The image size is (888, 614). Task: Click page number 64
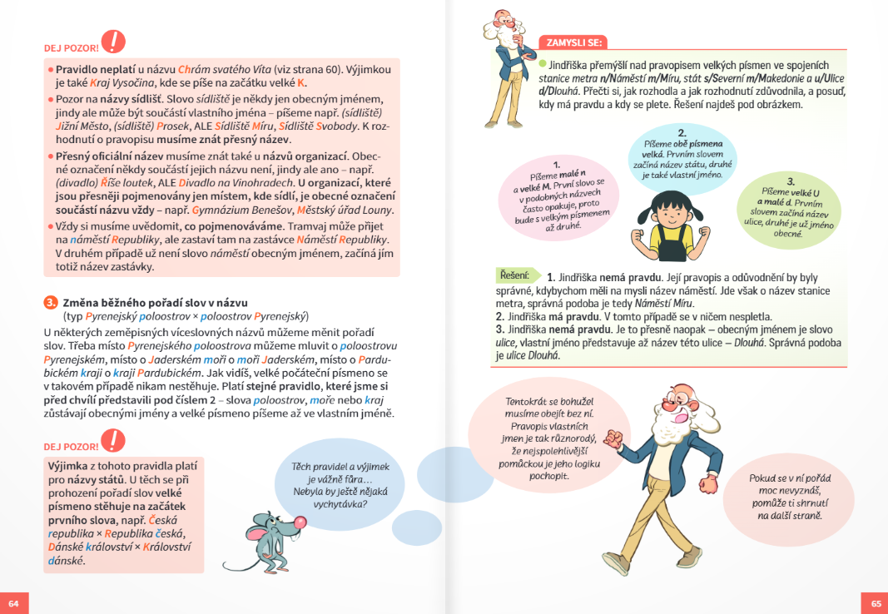click(x=13, y=603)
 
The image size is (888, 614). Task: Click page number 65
click(x=876, y=603)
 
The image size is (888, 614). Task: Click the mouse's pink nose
click(x=300, y=522)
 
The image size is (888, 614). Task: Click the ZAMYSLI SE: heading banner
click(x=573, y=42)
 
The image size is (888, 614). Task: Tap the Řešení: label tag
click(x=513, y=275)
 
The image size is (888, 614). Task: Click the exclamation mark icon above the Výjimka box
click(x=112, y=439)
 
